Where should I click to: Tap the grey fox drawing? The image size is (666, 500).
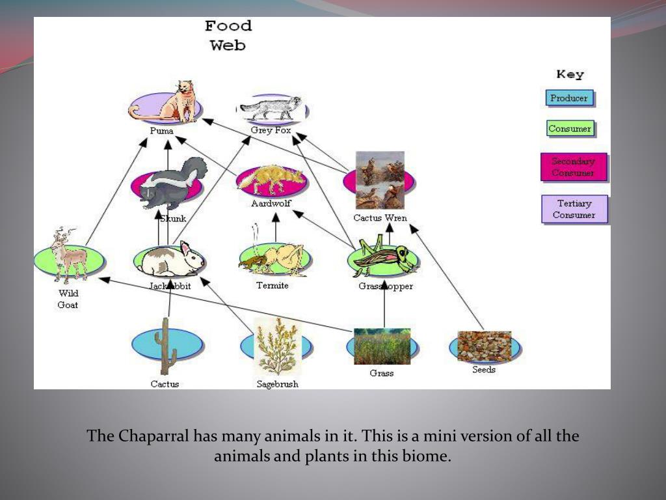click(272, 109)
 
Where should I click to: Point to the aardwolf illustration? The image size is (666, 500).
click(272, 180)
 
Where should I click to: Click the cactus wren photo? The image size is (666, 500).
click(380, 180)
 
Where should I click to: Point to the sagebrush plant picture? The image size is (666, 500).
click(277, 346)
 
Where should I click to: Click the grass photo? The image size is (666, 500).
click(382, 346)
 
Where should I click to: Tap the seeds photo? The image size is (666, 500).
click(484, 346)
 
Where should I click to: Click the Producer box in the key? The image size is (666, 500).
click(569, 98)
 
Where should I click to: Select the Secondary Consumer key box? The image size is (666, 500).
click(573, 167)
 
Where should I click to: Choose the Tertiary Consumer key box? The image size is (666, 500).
click(574, 209)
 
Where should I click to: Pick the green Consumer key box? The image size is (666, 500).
click(570, 128)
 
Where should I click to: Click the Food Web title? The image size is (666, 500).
click(228, 36)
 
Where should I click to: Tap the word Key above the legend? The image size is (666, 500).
click(570, 75)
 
